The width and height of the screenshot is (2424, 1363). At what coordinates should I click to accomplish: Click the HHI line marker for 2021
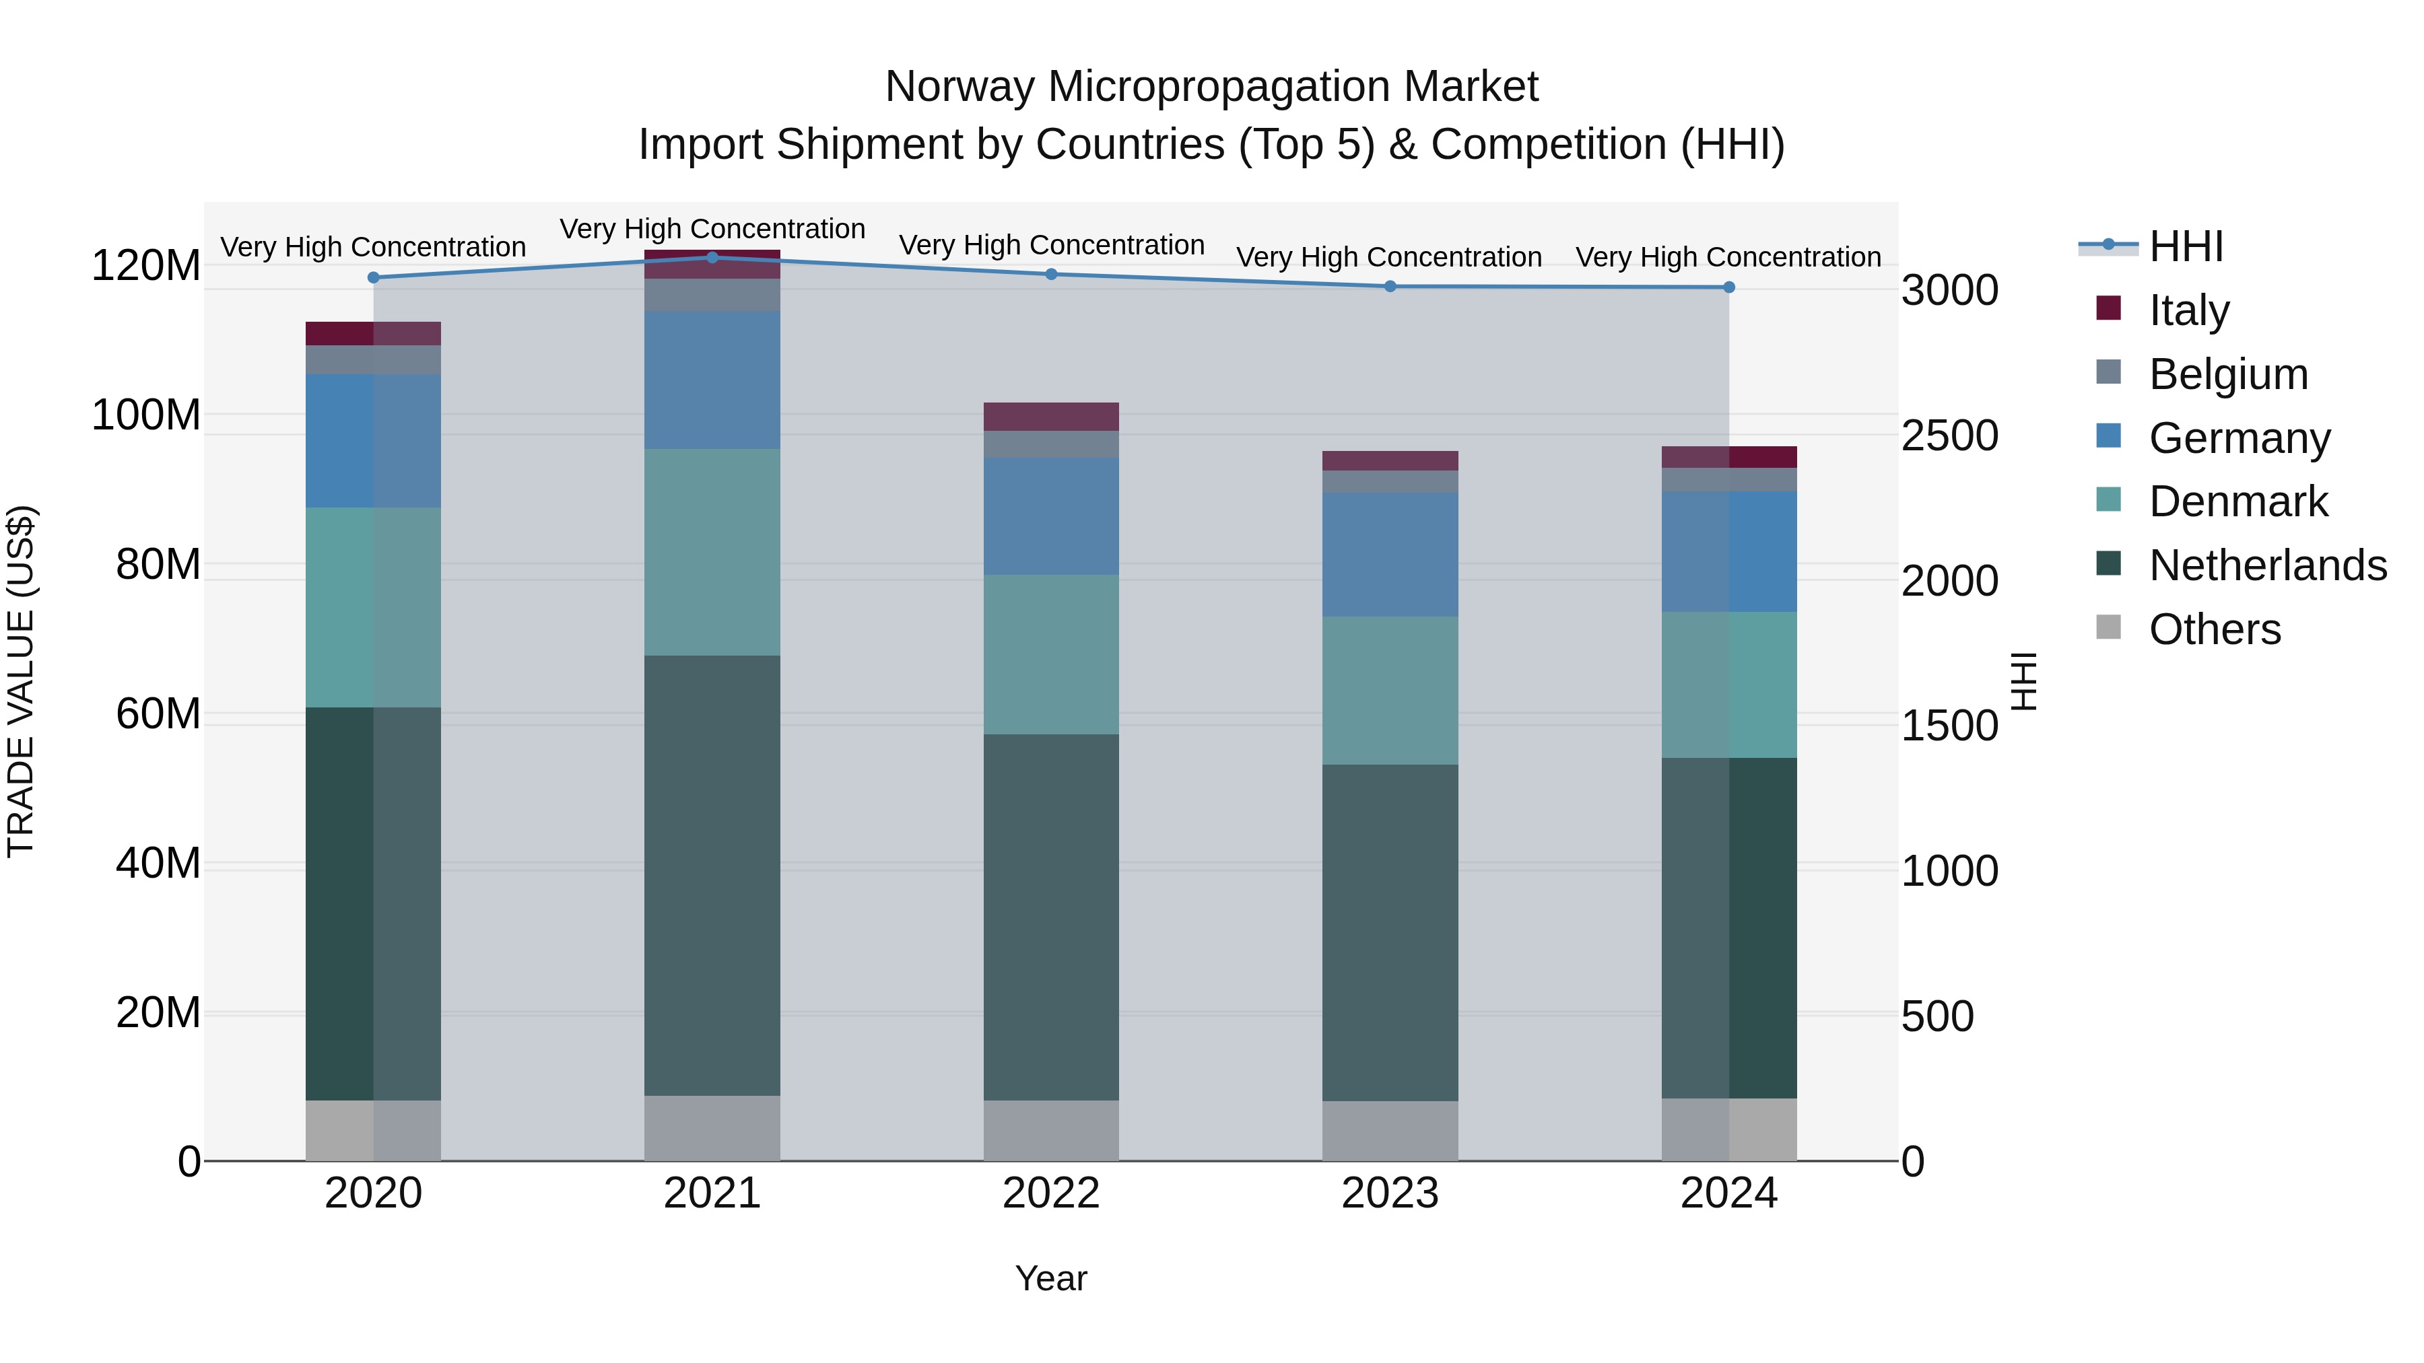pyautogui.click(x=712, y=258)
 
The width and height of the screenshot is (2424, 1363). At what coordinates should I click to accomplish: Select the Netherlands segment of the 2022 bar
pyautogui.click(x=1051, y=917)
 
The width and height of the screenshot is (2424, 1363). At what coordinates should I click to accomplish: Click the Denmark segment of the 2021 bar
pyautogui.click(x=712, y=552)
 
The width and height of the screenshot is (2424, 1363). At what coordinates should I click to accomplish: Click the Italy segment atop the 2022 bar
pyautogui.click(x=1051, y=417)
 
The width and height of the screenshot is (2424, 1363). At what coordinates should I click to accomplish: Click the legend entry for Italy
pyautogui.click(x=2189, y=310)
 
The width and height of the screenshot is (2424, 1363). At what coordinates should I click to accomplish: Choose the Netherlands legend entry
pyautogui.click(x=2267, y=565)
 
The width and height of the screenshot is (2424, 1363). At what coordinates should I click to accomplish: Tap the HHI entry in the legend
pyautogui.click(x=2186, y=246)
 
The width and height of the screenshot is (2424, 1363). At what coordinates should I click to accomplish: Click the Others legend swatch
pyautogui.click(x=2109, y=627)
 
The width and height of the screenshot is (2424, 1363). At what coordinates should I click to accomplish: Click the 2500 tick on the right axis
pyautogui.click(x=1950, y=435)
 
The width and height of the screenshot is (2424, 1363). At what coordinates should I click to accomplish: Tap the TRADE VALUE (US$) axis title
pyautogui.click(x=21, y=681)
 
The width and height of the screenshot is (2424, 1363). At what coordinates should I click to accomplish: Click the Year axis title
pyautogui.click(x=1051, y=1278)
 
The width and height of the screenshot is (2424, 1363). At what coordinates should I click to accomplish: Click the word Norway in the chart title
pyautogui.click(x=959, y=87)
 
